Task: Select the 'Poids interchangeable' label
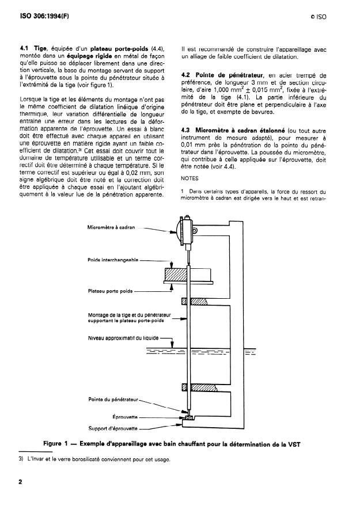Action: pos(113,260)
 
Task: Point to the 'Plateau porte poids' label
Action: pos(111,292)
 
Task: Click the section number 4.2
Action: pos(186,75)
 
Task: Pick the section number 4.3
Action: pos(186,130)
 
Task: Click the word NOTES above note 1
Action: pos(190,178)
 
